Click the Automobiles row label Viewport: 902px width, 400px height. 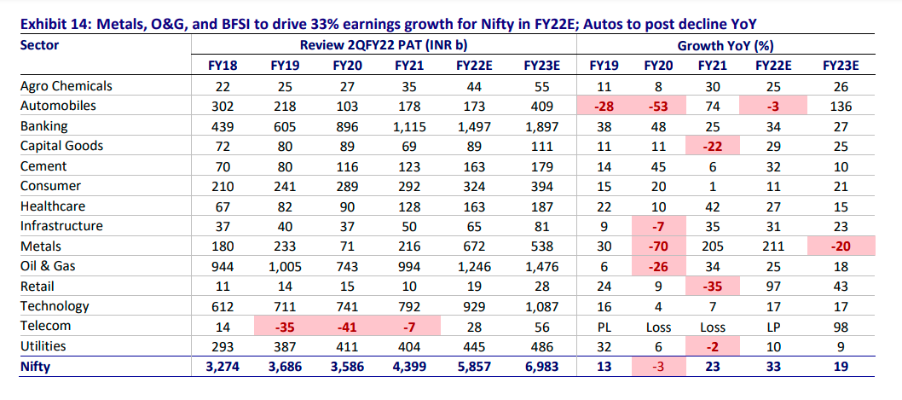coord(58,106)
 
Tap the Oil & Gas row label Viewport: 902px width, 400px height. coord(49,266)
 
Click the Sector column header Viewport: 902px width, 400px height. coord(39,44)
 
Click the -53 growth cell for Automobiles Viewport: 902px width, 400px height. coord(656,106)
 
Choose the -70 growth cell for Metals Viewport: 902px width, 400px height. coord(656,246)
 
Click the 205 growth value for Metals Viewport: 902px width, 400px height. coord(712,246)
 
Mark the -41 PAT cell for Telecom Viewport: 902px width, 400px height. coord(345,326)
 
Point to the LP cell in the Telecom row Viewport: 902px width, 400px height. coord(771,326)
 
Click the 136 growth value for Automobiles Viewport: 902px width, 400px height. coord(839,106)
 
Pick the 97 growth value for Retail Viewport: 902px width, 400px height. coord(771,286)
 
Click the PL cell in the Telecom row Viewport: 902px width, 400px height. coord(604,326)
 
